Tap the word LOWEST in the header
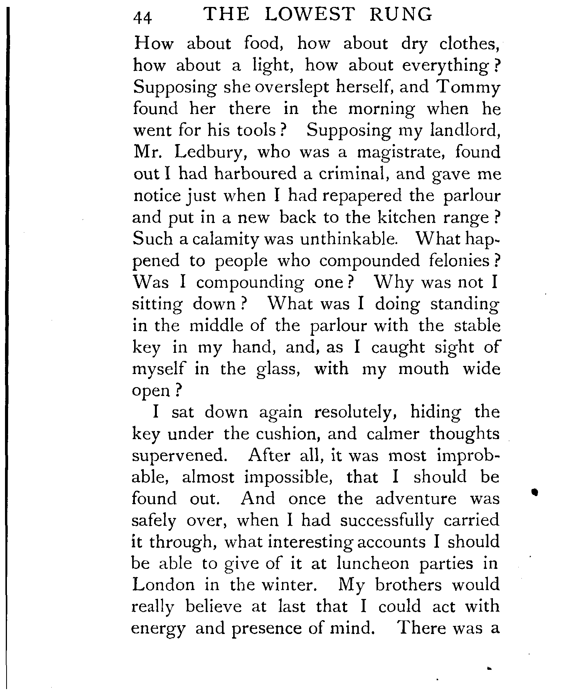pos(309,15)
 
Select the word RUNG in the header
pos(408,15)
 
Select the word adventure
pos(416,499)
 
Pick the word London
pos(163,585)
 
